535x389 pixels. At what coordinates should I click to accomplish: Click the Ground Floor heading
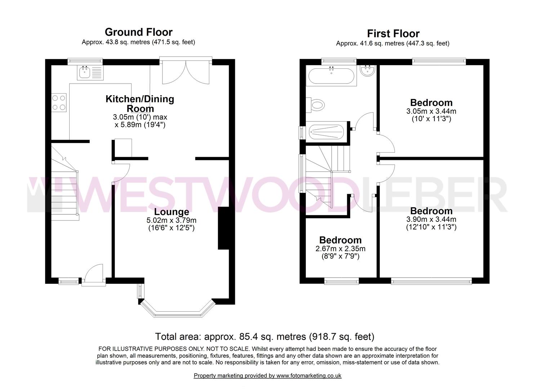click(x=139, y=32)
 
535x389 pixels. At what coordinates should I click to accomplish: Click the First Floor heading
click(x=393, y=33)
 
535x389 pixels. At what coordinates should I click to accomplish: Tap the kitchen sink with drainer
click(x=90, y=73)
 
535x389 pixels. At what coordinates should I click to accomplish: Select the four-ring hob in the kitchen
click(x=59, y=103)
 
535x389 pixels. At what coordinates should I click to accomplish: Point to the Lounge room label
click(x=171, y=211)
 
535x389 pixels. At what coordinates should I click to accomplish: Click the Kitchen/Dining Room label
click(x=140, y=103)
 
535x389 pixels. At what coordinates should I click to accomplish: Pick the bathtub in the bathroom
click(x=331, y=76)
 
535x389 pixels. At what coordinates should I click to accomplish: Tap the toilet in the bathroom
click(x=315, y=104)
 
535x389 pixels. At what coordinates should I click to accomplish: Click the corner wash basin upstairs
click(x=367, y=71)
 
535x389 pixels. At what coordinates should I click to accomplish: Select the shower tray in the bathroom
click(x=326, y=132)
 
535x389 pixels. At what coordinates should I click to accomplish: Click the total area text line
click(x=265, y=336)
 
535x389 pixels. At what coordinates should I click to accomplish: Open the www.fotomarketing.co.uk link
click(x=309, y=376)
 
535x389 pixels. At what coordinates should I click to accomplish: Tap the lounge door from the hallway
click(x=121, y=173)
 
